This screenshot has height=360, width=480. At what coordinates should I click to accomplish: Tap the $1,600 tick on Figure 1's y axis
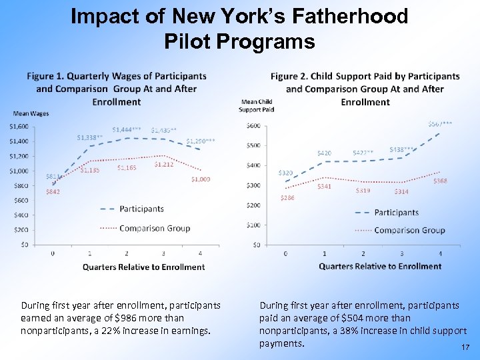(x=19, y=127)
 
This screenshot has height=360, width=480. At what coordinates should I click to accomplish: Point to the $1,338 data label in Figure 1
(x=89, y=138)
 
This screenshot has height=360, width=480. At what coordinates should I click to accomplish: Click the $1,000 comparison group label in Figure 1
(x=200, y=179)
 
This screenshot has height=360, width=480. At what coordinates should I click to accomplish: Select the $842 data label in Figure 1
(x=53, y=192)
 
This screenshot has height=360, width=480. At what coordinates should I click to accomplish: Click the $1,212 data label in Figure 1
(x=164, y=164)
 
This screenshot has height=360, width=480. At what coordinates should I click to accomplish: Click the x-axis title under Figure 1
(x=143, y=267)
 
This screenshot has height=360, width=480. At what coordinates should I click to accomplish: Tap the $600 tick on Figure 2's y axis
(x=253, y=126)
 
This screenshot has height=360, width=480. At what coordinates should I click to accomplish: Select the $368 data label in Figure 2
(x=440, y=181)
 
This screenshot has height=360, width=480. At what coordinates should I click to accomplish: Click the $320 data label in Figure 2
(x=285, y=173)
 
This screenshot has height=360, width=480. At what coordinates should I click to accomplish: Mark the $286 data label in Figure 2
(x=287, y=198)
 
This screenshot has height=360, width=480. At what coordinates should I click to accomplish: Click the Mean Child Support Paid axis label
(x=257, y=105)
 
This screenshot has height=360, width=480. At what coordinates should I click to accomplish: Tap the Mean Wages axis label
(x=27, y=114)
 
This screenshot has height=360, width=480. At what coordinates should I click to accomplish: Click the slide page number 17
(x=465, y=347)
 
